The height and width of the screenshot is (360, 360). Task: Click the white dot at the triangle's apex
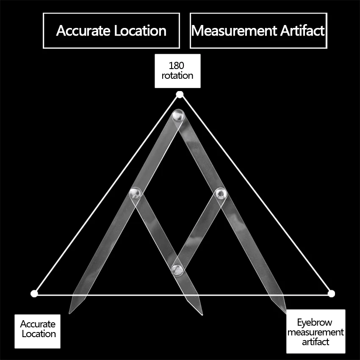pyautogui.click(x=180, y=94)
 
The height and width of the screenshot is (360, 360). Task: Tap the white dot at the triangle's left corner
pyautogui.click(x=34, y=294)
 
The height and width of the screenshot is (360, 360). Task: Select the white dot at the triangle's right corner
pyautogui.click(x=331, y=294)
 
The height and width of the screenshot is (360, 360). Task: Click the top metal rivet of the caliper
pyautogui.click(x=178, y=115)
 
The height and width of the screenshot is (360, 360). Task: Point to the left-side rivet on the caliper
pyautogui.click(x=135, y=193)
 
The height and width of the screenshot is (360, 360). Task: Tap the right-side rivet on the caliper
pyautogui.click(x=221, y=194)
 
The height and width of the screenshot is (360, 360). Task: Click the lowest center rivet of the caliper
pyautogui.click(x=177, y=269)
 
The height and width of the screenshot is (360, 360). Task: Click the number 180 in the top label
pyautogui.click(x=176, y=66)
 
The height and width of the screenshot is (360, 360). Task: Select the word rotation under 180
pyautogui.click(x=177, y=75)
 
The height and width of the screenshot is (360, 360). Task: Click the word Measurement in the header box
pyautogui.click(x=234, y=30)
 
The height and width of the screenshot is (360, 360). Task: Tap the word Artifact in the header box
pyautogui.click(x=302, y=30)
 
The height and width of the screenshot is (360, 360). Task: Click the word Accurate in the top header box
pyautogui.click(x=83, y=31)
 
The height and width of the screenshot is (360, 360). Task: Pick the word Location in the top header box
pyautogui.click(x=140, y=31)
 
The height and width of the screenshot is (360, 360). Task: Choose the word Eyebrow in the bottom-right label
pyautogui.click(x=315, y=323)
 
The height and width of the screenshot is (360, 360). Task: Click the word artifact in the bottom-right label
pyautogui.click(x=316, y=342)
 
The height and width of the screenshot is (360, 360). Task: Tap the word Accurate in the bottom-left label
pyautogui.click(x=38, y=324)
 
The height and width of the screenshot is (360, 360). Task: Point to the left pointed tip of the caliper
pyautogui.click(x=69, y=313)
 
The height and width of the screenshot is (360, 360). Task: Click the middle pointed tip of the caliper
pyautogui.click(x=202, y=315)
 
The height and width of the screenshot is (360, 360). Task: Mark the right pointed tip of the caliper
pyautogui.click(x=285, y=313)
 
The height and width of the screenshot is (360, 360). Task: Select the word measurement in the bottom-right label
pyautogui.click(x=316, y=332)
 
